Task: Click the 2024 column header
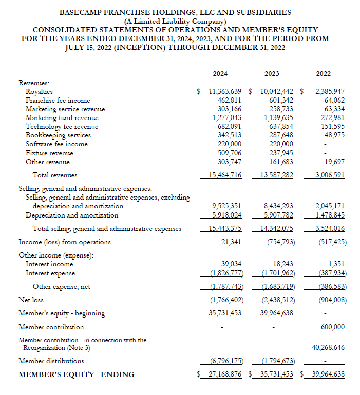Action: [220, 74]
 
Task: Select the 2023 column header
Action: [272, 74]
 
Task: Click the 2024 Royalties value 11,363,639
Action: [225, 92]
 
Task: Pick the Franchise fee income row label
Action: [58, 101]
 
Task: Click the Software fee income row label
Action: [56, 144]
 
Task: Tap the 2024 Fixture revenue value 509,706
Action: [229, 153]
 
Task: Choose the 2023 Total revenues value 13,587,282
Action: [274, 175]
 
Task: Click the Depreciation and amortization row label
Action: [72, 215]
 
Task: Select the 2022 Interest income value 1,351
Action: [336, 264]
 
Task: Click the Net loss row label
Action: [31, 300]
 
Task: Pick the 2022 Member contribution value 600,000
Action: [332, 327]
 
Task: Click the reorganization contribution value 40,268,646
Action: [328, 348]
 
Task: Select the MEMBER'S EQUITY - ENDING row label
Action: [76, 374]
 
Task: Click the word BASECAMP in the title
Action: [84, 12]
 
